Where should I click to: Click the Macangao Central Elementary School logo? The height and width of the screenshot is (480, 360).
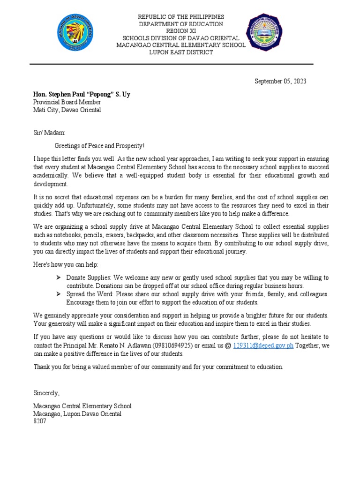pos(269,34)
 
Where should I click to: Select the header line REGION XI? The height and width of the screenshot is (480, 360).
pos(180,31)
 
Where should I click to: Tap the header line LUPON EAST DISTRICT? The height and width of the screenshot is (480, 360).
pos(180,52)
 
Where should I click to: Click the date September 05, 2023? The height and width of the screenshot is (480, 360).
pos(280,81)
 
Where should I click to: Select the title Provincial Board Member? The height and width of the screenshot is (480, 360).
pos(67,102)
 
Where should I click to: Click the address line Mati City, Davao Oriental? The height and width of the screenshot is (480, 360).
pos(67,110)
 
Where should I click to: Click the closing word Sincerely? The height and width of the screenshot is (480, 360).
pos(46,392)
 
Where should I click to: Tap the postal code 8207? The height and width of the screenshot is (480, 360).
pos(39,421)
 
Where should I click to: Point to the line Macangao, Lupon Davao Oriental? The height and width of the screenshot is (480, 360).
pos(77,414)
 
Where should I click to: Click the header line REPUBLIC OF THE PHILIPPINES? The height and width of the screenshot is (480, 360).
pos(180,17)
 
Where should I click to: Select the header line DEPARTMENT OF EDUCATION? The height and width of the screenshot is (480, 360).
pos(180,24)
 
